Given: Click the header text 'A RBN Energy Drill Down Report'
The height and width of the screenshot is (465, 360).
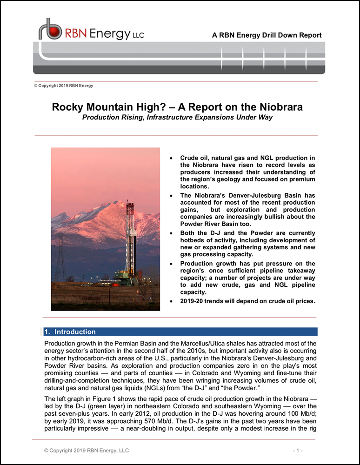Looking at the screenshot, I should click(x=267, y=35).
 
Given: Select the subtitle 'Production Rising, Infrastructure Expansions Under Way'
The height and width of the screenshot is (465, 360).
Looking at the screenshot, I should click(x=177, y=117).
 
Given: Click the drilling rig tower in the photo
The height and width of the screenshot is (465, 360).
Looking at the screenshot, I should click(x=130, y=242).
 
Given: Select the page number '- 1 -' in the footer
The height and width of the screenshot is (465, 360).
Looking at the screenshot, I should click(x=298, y=451).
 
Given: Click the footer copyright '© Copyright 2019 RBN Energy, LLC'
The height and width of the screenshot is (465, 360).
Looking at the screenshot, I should click(x=86, y=451).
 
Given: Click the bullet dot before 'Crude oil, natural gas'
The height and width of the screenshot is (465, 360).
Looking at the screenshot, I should click(x=172, y=159).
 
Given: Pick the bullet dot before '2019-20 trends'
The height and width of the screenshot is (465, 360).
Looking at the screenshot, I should click(x=172, y=301).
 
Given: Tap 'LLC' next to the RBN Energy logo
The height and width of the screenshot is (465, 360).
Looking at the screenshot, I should click(x=139, y=35).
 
